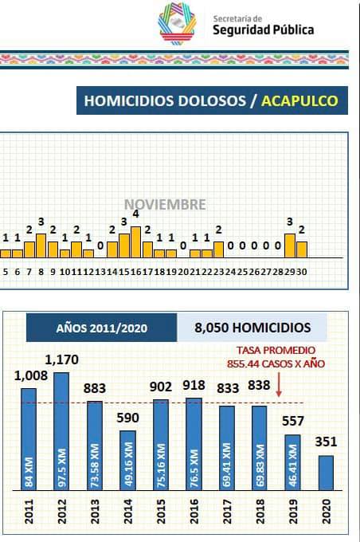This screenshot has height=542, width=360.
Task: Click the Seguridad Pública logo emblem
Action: click(x=178, y=23)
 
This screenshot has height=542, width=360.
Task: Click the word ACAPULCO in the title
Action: click(x=299, y=100)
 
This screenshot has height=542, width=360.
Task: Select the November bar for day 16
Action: click(x=135, y=242)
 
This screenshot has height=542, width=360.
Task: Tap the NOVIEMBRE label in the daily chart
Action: click(x=165, y=204)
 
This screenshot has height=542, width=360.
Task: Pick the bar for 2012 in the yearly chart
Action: click(x=61, y=431)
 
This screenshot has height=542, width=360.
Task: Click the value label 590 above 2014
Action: click(x=127, y=418)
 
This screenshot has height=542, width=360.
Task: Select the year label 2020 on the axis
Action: click(x=326, y=511)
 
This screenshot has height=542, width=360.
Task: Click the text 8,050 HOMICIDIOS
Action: click(x=252, y=328)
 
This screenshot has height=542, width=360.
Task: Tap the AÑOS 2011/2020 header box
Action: click(x=102, y=328)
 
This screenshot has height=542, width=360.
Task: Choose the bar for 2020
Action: click(x=326, y=473)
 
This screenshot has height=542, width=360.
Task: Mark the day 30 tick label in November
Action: click(x=302, y=272)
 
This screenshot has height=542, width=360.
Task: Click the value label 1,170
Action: click(x=62, y=359)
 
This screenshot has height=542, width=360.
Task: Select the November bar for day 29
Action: click(x=290, y=245)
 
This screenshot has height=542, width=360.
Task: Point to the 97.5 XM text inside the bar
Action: click(x=62, y=468)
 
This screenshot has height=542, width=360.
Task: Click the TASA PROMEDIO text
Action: click(x=276, y=350)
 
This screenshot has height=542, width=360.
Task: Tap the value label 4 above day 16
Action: click(x=135, y=214)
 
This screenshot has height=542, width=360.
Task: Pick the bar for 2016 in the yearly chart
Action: click(x=194, y=444)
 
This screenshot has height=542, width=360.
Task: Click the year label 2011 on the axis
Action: click(x=29, y=511)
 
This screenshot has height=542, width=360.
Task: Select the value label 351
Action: click(x=326, y=442)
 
